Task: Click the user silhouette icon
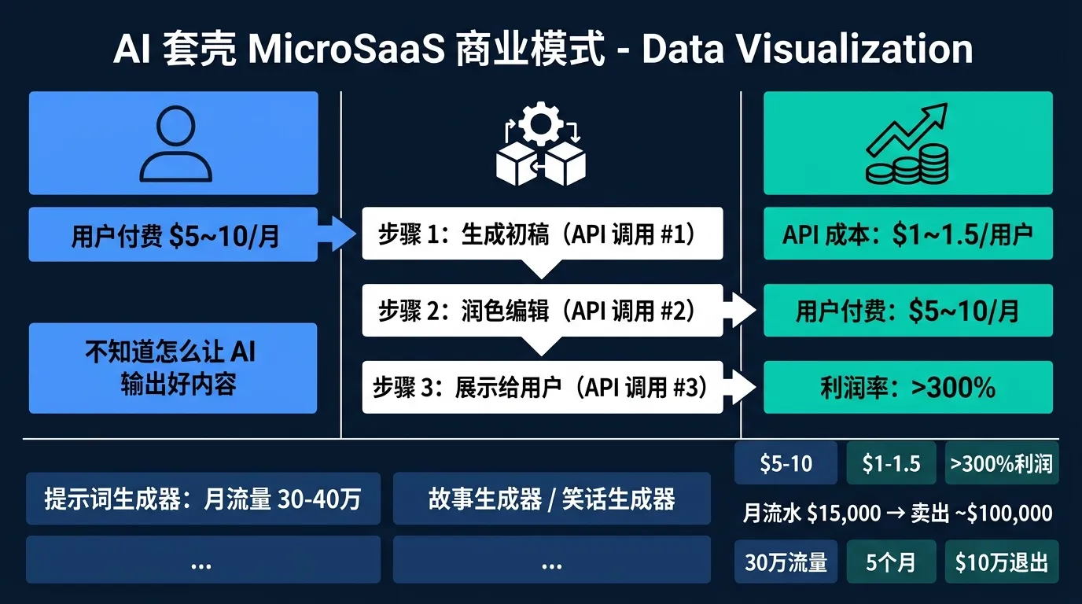(174, 143)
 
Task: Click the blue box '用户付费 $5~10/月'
(174, 234)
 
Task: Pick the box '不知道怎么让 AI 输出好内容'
(174, 368)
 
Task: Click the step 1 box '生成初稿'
(542, 234)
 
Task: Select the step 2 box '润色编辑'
(542, 311)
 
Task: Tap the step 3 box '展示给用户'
(542, 387)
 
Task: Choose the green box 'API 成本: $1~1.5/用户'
(908, 234)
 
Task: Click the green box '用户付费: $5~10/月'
(908, 311)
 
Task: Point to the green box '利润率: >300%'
(908, 387)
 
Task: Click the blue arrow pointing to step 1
(340, 234)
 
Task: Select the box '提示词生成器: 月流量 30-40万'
(203, 499)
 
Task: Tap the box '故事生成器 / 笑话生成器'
(551, 499)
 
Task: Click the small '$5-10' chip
(786, 463)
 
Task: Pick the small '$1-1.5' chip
(891, 463)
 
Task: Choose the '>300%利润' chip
(1001, 463)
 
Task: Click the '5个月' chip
(891, 562)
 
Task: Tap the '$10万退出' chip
(1001, 562)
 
